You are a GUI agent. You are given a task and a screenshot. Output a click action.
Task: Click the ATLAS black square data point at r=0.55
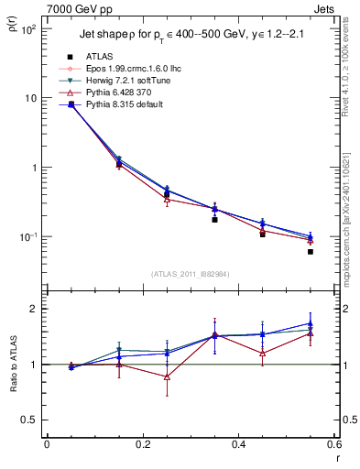tap(311, 251)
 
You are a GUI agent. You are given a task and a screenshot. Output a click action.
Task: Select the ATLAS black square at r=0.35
tap(214, 220)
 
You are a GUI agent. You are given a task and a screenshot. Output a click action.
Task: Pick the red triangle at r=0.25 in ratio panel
tap(167, 376)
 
